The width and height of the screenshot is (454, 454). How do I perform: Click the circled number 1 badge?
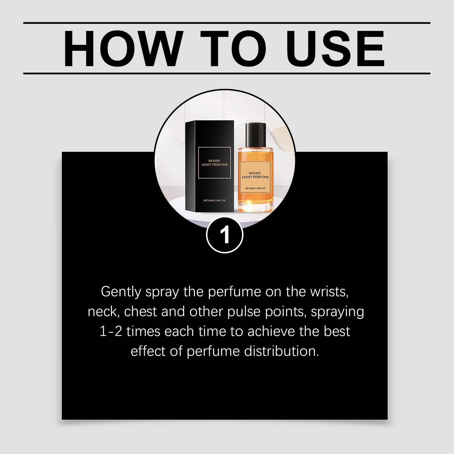225,235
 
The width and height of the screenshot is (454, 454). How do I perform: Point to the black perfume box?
210,166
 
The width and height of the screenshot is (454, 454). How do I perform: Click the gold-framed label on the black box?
215,163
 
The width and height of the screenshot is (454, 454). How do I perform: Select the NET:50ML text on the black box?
215,201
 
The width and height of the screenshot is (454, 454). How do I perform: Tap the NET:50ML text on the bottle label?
255,188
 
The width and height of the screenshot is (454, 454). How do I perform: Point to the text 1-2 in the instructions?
111,332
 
